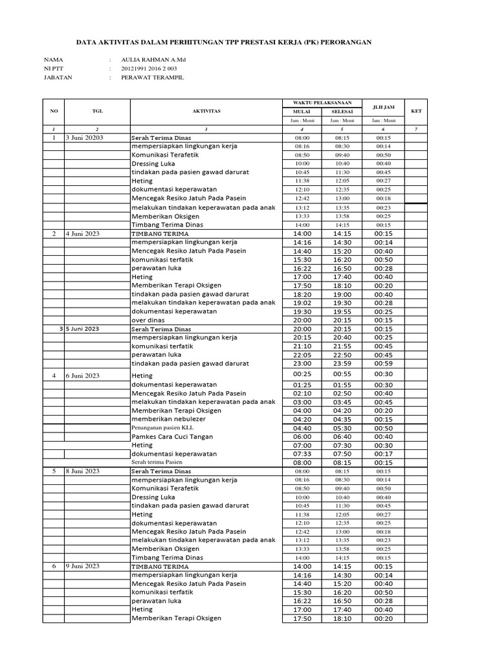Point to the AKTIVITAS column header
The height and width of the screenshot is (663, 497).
pos(206,111)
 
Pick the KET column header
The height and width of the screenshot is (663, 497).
pos(416,111)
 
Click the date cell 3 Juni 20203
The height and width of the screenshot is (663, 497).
pos(85,138)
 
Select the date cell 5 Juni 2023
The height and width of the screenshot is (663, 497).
pos(83,329)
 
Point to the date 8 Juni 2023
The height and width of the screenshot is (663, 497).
pos(83,471)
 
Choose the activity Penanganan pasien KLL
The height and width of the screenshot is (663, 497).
pos(162,428)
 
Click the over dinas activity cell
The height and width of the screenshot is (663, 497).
pos(148,320)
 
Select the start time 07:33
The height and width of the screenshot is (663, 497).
pos(302,454)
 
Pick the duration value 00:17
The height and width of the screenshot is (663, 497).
pos(383,454)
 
